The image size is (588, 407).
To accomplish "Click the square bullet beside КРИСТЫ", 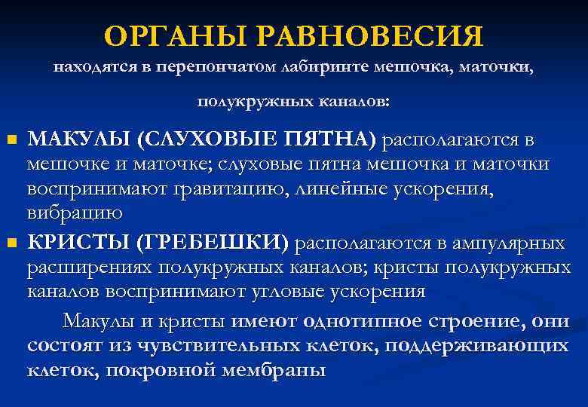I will pos(11,243).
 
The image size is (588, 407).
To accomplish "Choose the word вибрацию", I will pos(75,213).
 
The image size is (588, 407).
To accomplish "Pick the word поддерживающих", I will pos(486,346).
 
